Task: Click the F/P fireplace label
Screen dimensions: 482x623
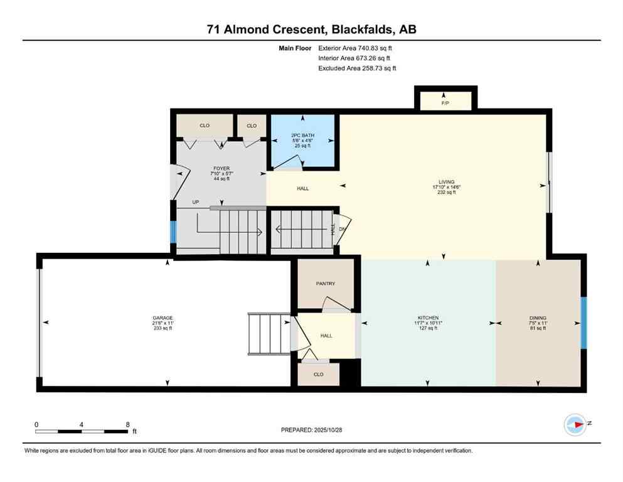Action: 445,102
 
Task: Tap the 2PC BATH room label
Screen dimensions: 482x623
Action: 302,135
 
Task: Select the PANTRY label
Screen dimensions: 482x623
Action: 326,284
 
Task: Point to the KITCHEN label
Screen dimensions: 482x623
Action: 428,318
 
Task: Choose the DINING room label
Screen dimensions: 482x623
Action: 538,318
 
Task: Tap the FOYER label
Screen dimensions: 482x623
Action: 221,168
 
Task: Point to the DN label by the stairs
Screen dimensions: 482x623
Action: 343,229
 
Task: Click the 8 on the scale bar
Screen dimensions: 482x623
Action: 127,425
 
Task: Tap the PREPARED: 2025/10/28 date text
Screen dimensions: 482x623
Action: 312,430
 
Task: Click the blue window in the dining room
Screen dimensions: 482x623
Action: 583,323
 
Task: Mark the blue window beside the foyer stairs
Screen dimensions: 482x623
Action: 174,232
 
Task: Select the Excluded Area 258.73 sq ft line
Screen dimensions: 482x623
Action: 357,68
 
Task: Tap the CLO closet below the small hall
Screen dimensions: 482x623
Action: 318,374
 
